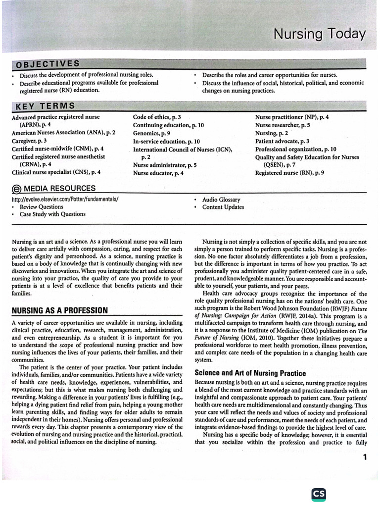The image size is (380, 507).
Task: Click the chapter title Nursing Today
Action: pyautogui.click(x=320, y=34)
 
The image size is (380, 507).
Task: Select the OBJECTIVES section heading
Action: pyautogui.click(x=47, y=64)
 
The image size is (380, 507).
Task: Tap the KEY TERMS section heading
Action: pyautogui.click(x=45, y=106)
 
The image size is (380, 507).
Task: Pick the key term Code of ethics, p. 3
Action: pyautogui.click(x=157, y=117)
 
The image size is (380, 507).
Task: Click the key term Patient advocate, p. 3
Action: pyautogui.click(x=282, y=141)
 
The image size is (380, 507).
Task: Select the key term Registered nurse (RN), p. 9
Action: pyautogui.click(x=289, y=173)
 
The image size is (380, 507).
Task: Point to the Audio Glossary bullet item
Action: pyautogui.click(x=221, y=200)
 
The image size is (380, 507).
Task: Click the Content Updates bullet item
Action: pyautogui.click(x=223, y=207)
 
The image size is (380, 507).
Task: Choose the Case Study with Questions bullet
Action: pyautogui.click(x=52, y=214)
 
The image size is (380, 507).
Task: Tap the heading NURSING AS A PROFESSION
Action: pyautogui.click(x=59, y=310)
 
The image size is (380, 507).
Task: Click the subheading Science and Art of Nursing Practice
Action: pyautogui.click(x=250, y=373)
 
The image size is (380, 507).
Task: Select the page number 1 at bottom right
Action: pyautogui.click(x=365, y=457)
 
